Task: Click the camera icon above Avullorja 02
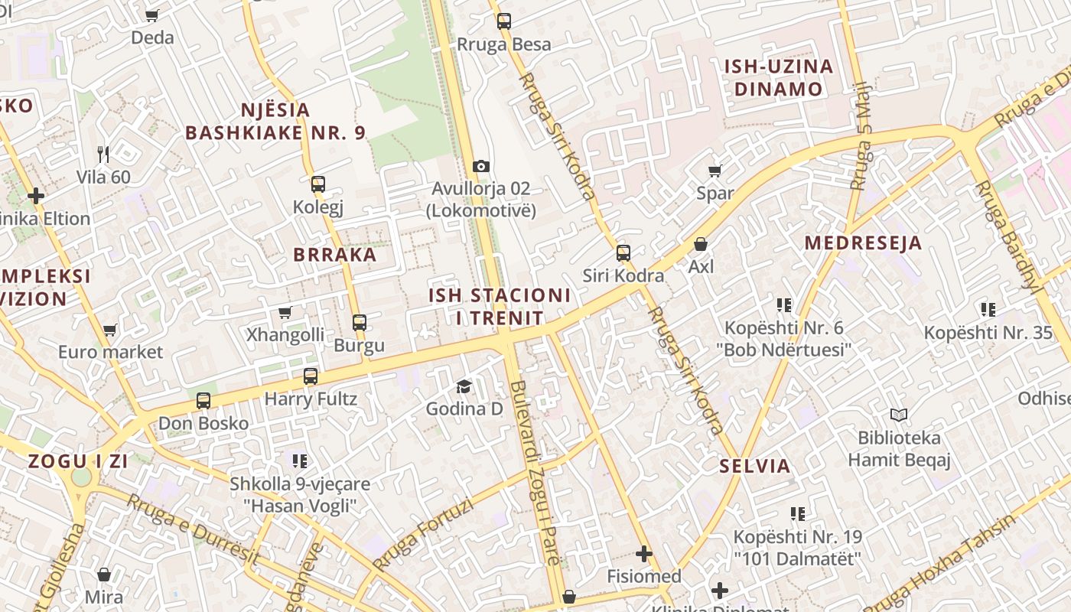(481, 166)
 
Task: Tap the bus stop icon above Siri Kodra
(623, 252)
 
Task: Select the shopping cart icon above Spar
(715, 171)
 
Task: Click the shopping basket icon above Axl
(701, 244)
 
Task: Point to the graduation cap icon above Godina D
(464, 386)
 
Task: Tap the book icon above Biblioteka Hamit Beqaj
(899, 415)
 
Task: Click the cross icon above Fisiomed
(644, 553)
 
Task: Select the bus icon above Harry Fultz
(311, 376)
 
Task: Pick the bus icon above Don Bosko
(203, 400)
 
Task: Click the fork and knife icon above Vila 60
(104, 155)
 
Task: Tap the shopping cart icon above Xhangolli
(285, 312)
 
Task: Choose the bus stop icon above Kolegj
(318, 184)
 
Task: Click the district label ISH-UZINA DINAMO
(779, 77)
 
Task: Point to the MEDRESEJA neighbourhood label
(863, 243)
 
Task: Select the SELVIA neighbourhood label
(755, 465)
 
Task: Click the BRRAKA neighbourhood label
(335, 255)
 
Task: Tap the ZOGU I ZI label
(78, 461)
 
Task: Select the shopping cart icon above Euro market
(110, 330)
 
